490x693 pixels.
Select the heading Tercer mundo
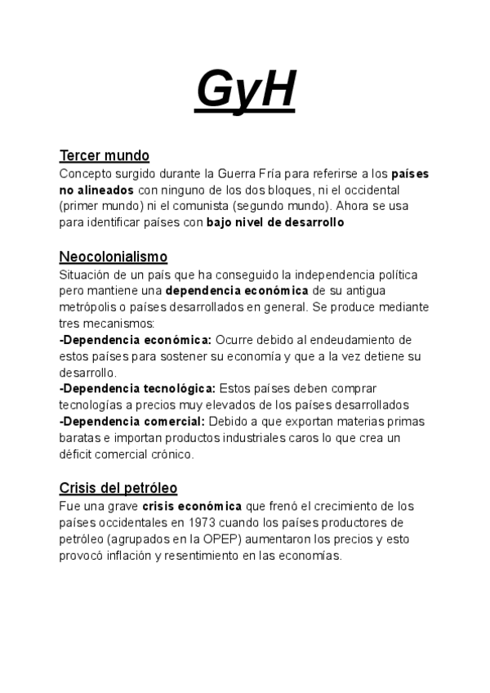[x=104, y=155]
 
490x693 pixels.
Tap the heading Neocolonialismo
[x=114, y=257]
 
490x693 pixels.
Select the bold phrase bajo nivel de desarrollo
[x=275, y=222]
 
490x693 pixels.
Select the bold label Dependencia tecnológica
[x=138, y=388]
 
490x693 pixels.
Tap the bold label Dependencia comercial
[x=133, y=421]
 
